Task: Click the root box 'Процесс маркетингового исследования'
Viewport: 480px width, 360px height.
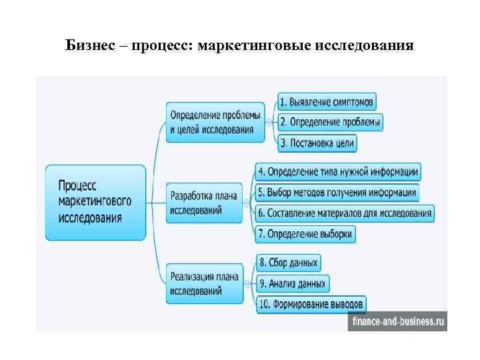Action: [x=95, y=202]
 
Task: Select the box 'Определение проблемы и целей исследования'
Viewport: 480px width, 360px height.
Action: [x=215, y=122]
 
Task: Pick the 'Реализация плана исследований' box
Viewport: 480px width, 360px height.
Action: [x=205, y=283]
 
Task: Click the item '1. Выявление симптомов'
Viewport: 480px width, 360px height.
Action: [x=327, y=102]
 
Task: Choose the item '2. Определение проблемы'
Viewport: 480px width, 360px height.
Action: [x=330, y=122]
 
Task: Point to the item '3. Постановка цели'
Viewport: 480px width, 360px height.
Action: [x=317, y=142]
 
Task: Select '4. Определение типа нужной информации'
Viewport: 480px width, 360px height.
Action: [x=338, y=172]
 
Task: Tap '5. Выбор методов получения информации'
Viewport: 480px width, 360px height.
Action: [x=337, y=193]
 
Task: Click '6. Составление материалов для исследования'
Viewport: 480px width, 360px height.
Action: [x=345, y=213]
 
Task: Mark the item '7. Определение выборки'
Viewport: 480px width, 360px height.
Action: [x=305, y=234]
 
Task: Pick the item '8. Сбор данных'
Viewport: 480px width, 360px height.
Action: [x=288, y=263]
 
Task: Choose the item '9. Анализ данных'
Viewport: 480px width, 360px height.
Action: [x=291, y=283]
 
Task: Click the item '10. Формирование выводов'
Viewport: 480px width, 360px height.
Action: [x=311, y=304]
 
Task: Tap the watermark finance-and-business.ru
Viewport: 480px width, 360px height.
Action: [x=396, y=321]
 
